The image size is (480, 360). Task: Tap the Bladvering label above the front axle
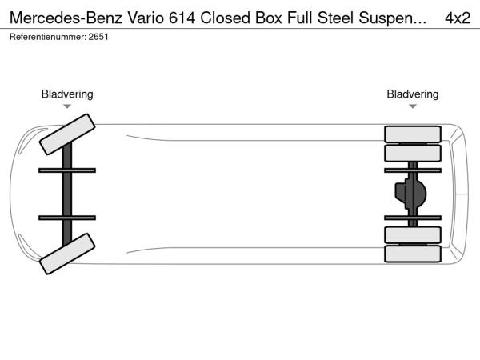point(67,94)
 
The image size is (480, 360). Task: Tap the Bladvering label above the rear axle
point(413,94)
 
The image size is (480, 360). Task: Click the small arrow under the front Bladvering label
point(67,106)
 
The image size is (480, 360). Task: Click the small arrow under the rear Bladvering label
point(413,106)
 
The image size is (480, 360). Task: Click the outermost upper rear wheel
point(413,134)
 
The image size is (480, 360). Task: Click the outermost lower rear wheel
point(413,254)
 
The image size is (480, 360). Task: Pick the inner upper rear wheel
point(413,152)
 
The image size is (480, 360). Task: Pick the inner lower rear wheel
point(413,234)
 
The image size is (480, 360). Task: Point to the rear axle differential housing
point(410,193)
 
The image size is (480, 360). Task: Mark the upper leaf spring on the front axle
point(67,170)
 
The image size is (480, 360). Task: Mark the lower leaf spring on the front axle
point(67,217)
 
